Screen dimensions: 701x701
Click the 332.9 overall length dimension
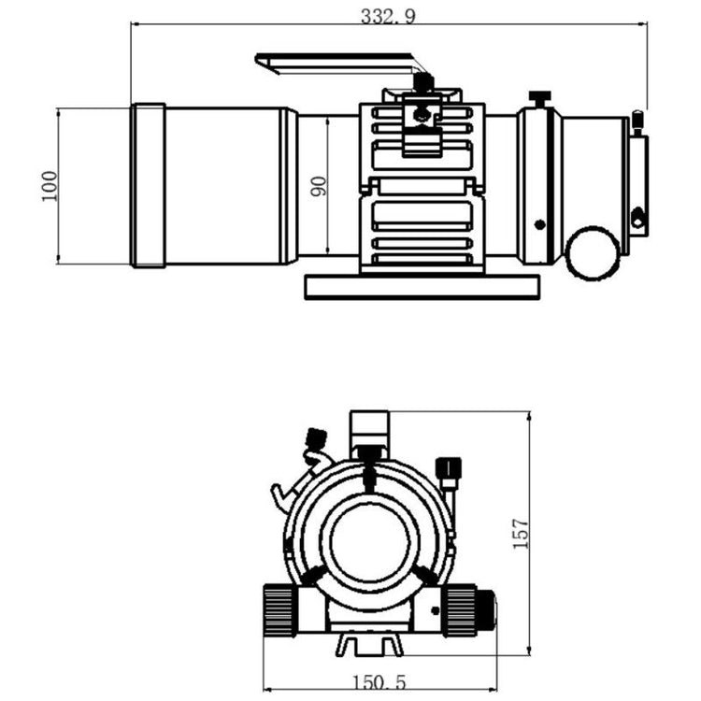click(x=388, y=16)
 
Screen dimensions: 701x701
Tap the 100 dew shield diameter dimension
click(x=50, y=186)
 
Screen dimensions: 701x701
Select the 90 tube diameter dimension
click(x=319, y=186)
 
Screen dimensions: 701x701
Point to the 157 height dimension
click(x=521, y=534)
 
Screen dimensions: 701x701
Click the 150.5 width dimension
click(x=379, y=682)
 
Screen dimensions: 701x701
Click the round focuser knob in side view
click(x=593, y=252)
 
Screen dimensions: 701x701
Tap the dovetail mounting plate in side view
click(x=422, y=287)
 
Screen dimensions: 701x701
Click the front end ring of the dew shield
click(x=149, y=186)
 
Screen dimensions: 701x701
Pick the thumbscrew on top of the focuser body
click(x=539, y=99)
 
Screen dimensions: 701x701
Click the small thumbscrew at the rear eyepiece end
click(x=637, y=123)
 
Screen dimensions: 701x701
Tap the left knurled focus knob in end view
click(x=279, y=610)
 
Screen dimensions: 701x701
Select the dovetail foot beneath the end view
click(x=370, y=644)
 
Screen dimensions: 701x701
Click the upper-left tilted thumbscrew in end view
click(x=315, y=439)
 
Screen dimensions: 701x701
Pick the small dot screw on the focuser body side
click(x=540, y=224)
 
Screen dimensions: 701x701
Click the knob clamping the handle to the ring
click(x=423, y=82)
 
